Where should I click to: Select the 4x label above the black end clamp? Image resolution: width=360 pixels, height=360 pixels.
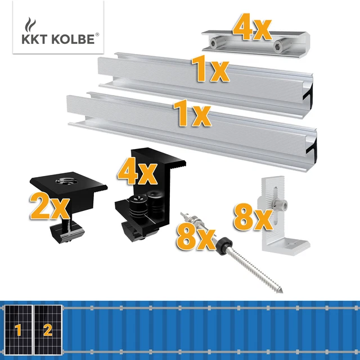[136, 172]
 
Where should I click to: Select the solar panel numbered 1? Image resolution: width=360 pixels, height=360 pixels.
[17, 329]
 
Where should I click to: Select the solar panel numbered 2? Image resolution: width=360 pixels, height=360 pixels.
[48, 329]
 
